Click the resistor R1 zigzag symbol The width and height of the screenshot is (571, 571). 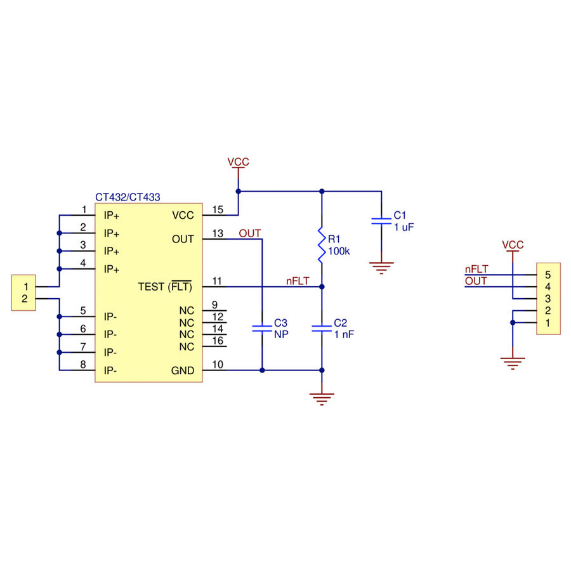point(322,245)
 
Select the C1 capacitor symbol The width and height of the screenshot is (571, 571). point(381,221)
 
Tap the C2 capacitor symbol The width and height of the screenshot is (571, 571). point(322,329)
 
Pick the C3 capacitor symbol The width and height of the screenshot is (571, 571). point(262,329)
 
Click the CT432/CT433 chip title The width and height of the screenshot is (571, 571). point(128,197)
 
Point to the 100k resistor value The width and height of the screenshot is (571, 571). point(339,251)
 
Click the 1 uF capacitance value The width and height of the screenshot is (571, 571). point(404,227)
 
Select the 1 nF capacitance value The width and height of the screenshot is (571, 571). point(344,334)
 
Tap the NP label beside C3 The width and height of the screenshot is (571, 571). point(281,334)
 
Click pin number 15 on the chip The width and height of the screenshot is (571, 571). point(218,210)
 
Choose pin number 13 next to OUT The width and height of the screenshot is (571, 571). point(218,233)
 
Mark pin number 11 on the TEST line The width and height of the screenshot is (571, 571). point(217,281)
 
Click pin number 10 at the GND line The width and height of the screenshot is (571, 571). point(218,365)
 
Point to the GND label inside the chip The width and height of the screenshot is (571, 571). point(183,371)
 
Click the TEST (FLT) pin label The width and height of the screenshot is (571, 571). point(165,287)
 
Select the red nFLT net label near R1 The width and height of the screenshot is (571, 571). point(298,281)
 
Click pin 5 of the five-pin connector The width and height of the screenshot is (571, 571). point(548,275)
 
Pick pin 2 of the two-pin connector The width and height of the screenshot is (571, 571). point(25,299)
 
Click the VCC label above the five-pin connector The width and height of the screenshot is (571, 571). point(513,245)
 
